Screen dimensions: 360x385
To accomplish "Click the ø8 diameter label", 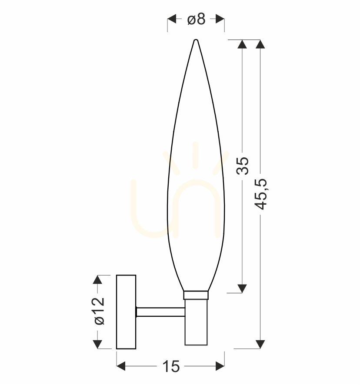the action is tap(196, 19).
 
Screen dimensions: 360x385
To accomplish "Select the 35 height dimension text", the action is tap(243, 166).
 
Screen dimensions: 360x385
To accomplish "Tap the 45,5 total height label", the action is tap(260, 195).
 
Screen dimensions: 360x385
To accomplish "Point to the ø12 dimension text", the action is tap(100, 311).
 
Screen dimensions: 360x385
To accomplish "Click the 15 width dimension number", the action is tap(171, 367).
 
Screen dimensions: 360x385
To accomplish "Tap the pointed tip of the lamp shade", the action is tap(196, 40).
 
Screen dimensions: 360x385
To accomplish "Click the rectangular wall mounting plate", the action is tap(126, 312).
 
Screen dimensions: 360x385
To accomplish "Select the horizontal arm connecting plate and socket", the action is tap(160, 312).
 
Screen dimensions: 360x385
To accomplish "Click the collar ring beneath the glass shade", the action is tap(196, 295).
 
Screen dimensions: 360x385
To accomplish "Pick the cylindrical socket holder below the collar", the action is tap(196, 322).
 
